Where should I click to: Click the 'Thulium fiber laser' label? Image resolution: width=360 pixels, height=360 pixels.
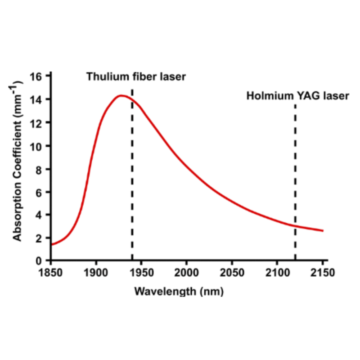tap(136, 76)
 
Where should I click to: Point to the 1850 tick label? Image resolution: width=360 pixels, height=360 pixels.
tap(51, 273)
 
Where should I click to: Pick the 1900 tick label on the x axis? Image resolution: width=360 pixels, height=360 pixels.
tap(96, 273)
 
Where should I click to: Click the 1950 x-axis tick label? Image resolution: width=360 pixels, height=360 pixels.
tap(141, 273)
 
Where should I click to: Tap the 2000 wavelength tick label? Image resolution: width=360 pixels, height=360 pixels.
tap(187, 273)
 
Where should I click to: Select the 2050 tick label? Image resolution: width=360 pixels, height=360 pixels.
tap(232, 273)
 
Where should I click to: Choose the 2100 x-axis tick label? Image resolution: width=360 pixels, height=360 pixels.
tap(277, 273)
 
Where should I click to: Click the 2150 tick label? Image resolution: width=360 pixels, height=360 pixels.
tap(323, 273)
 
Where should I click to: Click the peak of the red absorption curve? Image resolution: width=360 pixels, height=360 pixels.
tap(121, 95)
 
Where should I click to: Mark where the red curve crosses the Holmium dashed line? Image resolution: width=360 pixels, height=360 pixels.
tap(295, 225)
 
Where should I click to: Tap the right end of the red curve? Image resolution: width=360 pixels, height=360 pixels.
tap(323, 231)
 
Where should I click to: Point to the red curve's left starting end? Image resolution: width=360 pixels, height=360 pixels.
tap(51, 244)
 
